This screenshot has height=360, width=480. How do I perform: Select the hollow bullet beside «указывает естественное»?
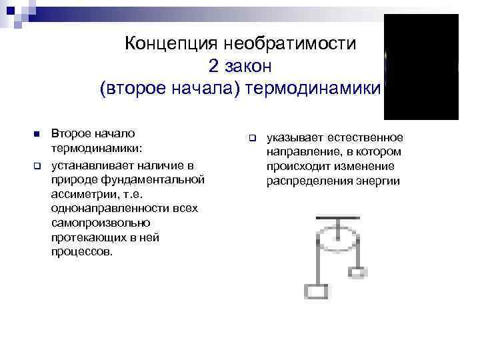tap(252, 138)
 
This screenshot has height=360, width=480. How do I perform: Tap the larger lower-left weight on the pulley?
tap(315, 291)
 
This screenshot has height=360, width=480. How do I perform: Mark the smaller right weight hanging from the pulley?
tap(357, 271)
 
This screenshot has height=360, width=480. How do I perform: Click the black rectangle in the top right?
tap(421, 66)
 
